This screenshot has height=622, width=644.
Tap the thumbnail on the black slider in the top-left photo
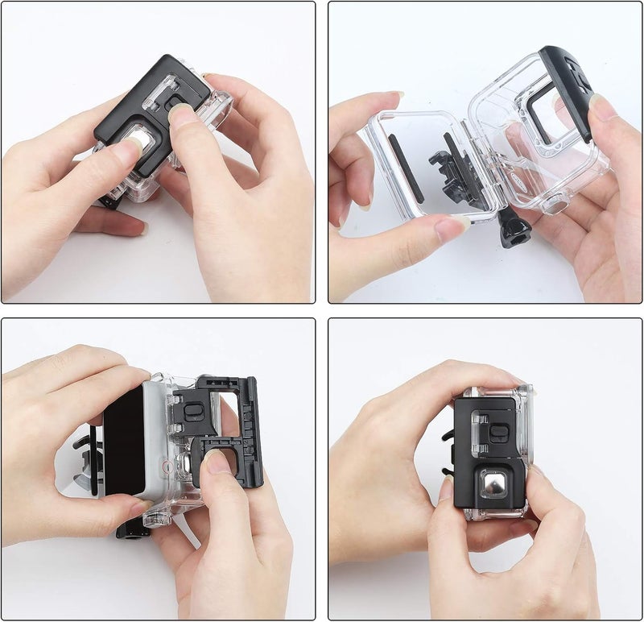(183, 114)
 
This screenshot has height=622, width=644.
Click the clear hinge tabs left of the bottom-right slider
(479, 429)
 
